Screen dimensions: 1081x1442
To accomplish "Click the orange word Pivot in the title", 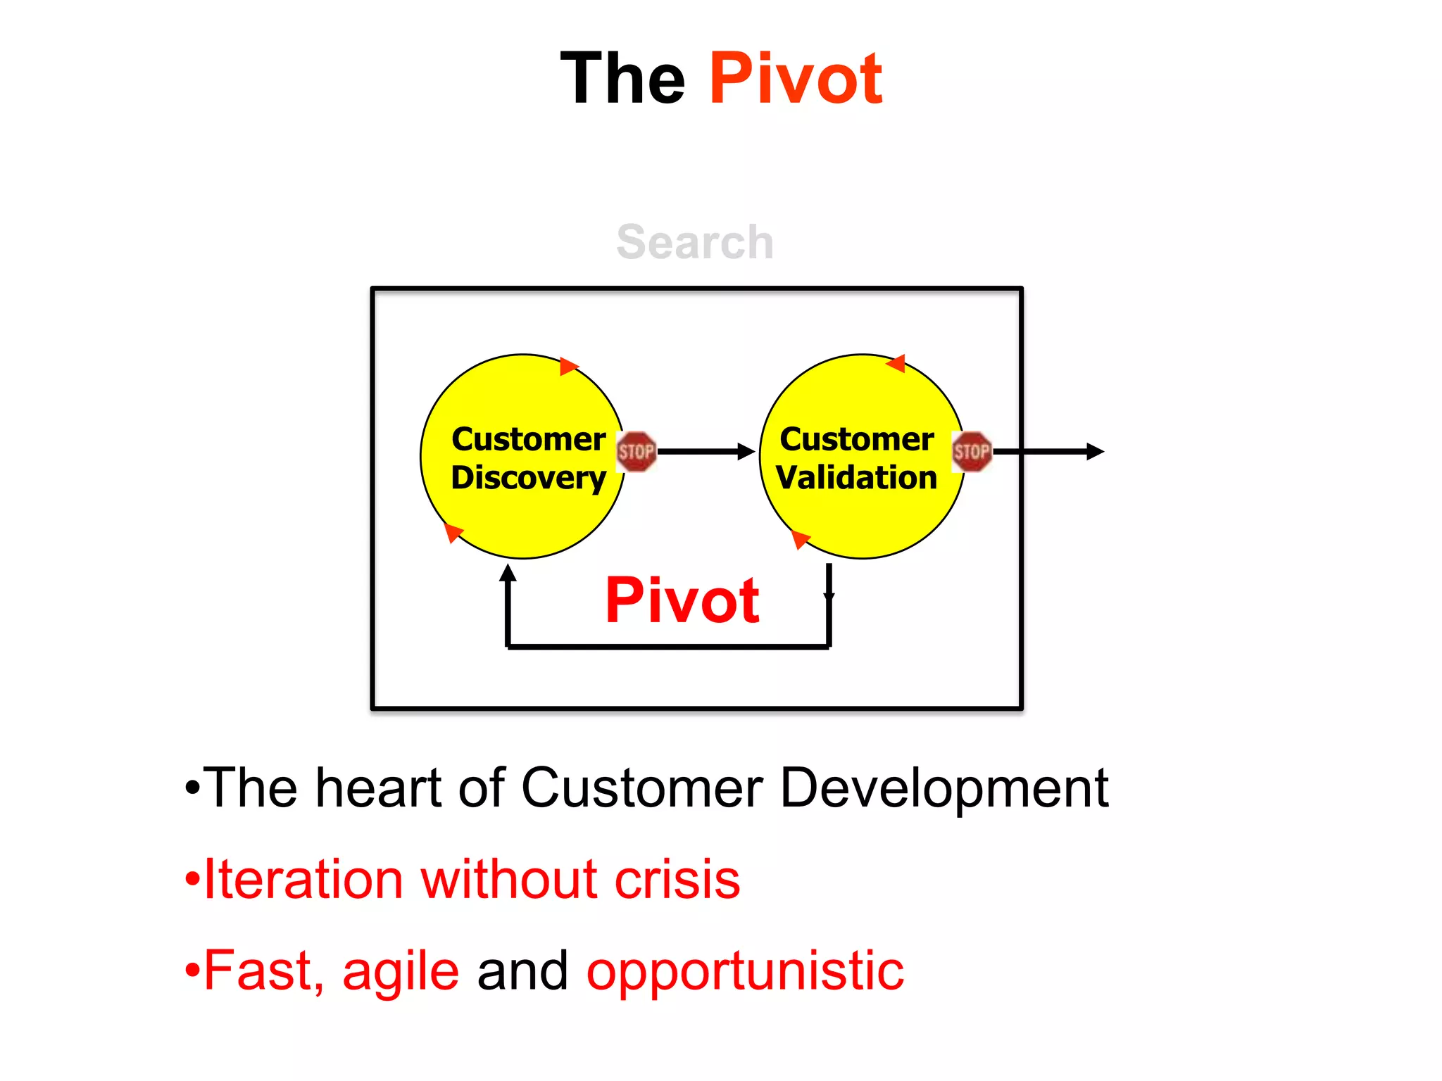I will click(x=795, y=79).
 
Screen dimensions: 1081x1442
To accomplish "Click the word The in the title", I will click(x=622, y=79).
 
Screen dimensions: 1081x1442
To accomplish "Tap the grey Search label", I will click(x=695, y=242).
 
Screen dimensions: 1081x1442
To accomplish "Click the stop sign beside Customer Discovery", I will click(x=636, y=451).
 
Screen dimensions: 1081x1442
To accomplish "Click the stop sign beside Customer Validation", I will click(x=972, y=451).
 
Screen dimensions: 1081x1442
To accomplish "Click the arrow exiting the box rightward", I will click(x=1049, y=451).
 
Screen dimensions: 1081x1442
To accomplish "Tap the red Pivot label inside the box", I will click(x=682, y=600).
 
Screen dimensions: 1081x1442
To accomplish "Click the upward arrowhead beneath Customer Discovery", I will click(x=508, y=574).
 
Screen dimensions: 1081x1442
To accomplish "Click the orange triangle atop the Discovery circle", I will click(x=568, y=366).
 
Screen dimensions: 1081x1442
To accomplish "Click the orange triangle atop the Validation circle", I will click(x=896, y=363).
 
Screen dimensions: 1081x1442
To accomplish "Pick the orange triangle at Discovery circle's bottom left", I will click(x=453, y=533).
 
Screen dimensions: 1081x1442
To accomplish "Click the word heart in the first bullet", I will click(x=379, y=788).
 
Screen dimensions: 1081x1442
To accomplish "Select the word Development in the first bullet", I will click(x=944, y=788).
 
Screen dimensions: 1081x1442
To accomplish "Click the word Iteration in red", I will click(x=303, y=879).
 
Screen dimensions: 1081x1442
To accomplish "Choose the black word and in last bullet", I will click(x=522, y=971).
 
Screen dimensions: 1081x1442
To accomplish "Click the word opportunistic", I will click(x=745, y=972).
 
